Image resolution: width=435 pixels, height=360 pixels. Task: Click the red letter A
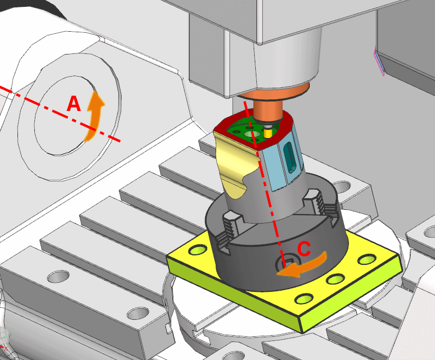(x=73, y=105)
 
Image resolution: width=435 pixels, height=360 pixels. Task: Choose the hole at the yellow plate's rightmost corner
(x=365, y=260)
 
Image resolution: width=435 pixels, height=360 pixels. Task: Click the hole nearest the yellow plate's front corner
(x=303, y=299)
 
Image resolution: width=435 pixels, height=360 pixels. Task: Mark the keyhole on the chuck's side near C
(x=285, y=262)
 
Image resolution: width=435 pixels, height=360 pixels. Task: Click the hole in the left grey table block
(x=58, y=276)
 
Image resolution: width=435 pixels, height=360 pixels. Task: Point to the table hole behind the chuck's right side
(x=341, y=187)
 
